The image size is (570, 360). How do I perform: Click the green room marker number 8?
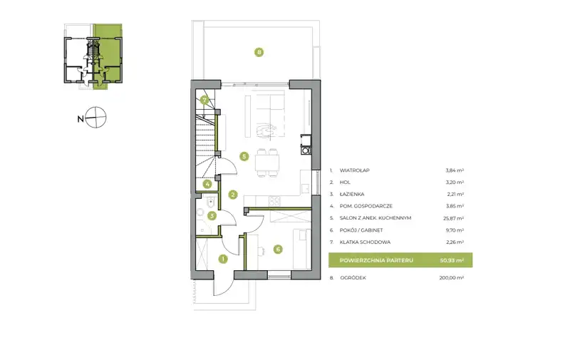[259, 52]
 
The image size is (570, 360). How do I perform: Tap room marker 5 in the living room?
[244, 156]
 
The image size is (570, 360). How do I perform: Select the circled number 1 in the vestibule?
[223, 259]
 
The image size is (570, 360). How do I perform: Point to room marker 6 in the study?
[278, 249]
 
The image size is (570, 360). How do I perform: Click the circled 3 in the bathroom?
[212, 215]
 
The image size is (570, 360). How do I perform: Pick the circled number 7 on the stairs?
[204, 100]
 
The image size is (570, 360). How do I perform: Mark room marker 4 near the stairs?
[207, 184]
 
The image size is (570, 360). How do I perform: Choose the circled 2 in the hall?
[233, 195]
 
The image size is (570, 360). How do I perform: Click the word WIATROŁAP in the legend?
[354, 170]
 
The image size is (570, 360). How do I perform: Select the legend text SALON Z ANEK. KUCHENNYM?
[375, 218]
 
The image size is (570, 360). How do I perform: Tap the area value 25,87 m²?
[455, 218]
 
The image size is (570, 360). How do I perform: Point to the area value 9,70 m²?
[455, 230]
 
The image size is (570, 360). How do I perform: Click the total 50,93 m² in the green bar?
[452, 260]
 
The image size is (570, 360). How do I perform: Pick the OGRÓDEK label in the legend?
[353, 278]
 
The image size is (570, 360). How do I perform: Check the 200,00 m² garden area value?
[452, 278]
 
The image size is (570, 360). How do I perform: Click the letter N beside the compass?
[81, 119]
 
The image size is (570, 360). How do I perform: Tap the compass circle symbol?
[95, 118]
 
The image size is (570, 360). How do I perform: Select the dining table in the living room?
[267, 163]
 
